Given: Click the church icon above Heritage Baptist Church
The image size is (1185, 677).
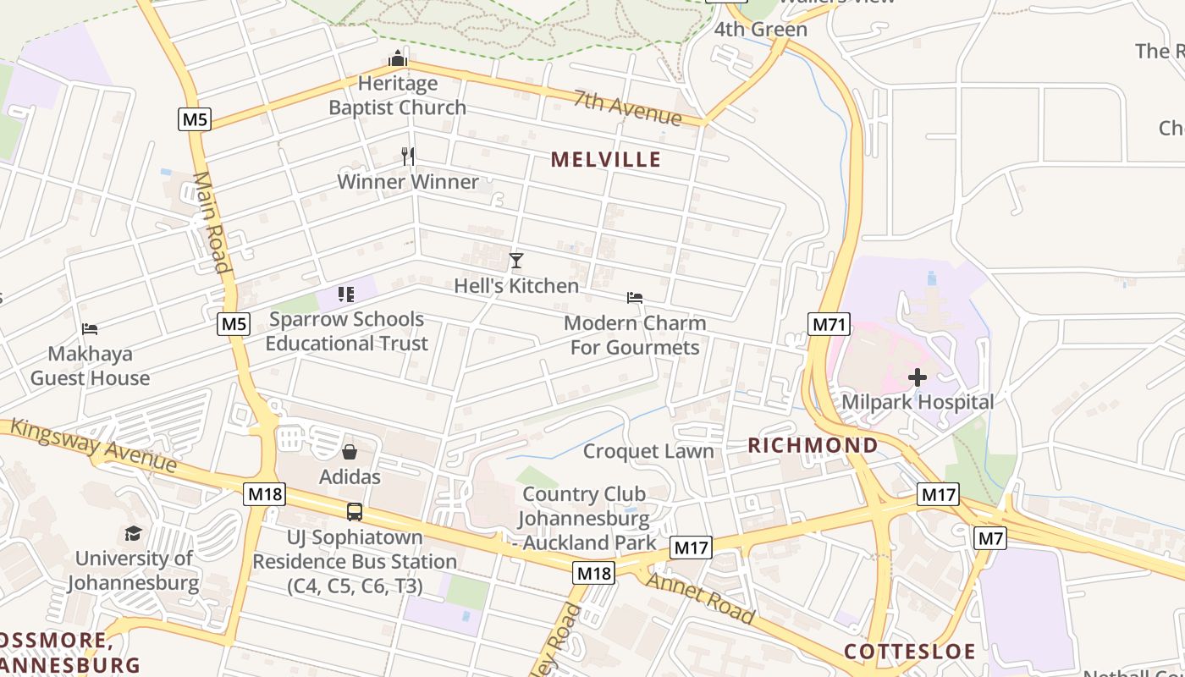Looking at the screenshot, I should [x=398, y=58].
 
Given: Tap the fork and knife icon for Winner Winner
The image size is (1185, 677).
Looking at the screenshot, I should [x=408, y=156].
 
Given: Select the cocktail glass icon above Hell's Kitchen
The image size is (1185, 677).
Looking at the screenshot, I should [x=516, y=261].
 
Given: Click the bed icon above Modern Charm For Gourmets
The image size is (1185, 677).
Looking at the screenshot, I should [x=635, y=297].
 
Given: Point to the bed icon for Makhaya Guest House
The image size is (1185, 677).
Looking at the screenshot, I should [x=90, y=328].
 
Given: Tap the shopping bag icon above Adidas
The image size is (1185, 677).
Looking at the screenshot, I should [x=350, y=452].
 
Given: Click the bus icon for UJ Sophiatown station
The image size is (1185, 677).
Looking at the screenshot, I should [x=355, y=511].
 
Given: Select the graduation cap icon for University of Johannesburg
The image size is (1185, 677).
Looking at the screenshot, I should [x=134, y=533].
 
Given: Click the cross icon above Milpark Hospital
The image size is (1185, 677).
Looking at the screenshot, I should [x=918, y=377].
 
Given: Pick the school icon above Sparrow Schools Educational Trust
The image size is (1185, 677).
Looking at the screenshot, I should [x=345, y=294].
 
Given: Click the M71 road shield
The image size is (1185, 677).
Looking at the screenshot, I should [x=829, y=324].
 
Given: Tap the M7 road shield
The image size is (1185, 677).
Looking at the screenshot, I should [x=990, y=537].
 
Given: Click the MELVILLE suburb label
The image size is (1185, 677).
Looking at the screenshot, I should [x=606, y=159].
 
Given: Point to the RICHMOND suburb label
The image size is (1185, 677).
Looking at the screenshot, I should [x=813, y=445].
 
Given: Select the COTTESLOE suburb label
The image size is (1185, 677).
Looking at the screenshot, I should [x=909, y=652].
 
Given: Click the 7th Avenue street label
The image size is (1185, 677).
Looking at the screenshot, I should [x=627, y=107].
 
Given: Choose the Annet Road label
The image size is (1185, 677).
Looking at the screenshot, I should [x=700, y=597].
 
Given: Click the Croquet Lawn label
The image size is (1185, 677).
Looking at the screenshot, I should [x=648, y=451].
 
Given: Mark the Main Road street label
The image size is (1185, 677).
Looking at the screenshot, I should [x=212, y=223].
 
